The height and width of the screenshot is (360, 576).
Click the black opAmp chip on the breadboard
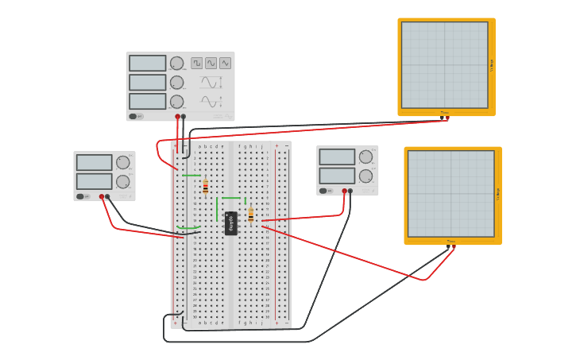[x=231, y=223]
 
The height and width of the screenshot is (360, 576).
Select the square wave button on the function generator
[x=196, y=63]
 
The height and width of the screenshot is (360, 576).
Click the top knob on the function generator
[x=176, y=63]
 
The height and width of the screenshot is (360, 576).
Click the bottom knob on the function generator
[x=176, y=102]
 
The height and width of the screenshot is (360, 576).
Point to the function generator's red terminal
[x=177, y=117]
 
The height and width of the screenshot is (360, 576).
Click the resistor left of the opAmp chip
[x=205, y=187]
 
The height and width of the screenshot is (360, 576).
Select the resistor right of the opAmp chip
[x=251, y=215]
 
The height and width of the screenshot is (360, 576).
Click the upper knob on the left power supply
[x=122, y=162]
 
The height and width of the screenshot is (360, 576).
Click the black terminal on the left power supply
[x=107, y=196]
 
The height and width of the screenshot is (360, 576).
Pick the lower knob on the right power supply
[x=365, y=176]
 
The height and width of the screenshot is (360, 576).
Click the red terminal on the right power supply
[x=344, y=191]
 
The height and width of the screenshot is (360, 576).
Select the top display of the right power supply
[x=337, y=157]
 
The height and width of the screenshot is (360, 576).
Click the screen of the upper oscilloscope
[x=444, y=64]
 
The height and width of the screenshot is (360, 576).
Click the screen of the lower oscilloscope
[x=450, y=193]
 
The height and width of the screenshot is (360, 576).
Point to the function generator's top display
[x=148, y=63]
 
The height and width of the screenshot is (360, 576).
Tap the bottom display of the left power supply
[x=94, y=181]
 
